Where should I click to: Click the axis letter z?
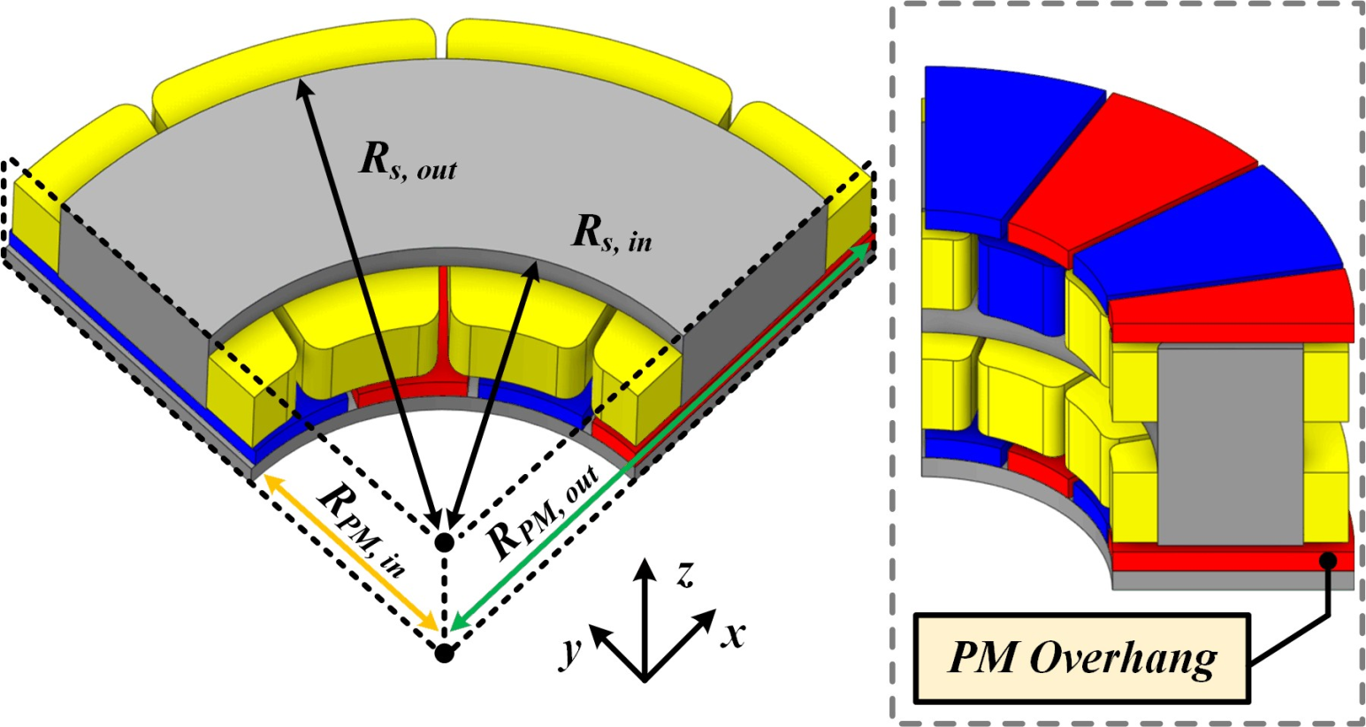pyautogui.click(x=683, y=575)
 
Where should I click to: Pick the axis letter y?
pyautogui.click(x=574, y=651)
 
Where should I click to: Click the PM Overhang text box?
pyautogui.click(x=1082, y=658)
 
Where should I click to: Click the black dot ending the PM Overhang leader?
pyautogui.click(x=1327, y=559)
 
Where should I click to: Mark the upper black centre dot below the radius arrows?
pyautogui.click(x=444, y=540)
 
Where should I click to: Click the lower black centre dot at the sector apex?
pyautogui.click(x=445, y=654)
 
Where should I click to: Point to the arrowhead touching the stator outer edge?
pyautogui.click(x=303, y=86)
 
